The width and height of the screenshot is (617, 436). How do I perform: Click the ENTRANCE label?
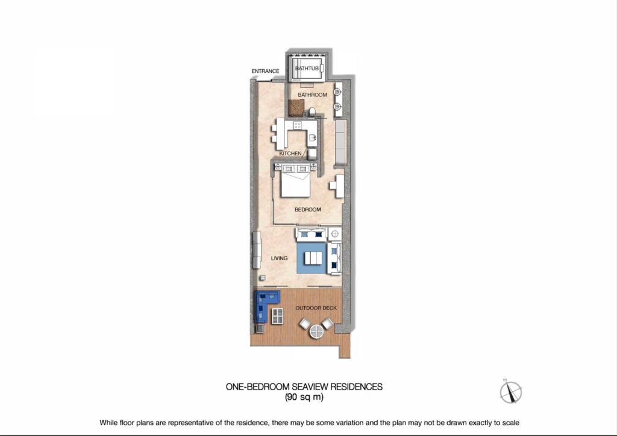[x=265, y=71]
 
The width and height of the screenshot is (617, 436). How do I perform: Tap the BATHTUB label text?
[x=307, y=69]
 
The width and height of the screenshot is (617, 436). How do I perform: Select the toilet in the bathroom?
[x=312, y=112]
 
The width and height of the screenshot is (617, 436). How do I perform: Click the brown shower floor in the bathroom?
[x=296, y=108]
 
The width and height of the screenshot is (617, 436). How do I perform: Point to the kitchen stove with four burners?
[x=298, y=125]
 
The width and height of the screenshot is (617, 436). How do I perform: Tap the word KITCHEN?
[x=290, y=154]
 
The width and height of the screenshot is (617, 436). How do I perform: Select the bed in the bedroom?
[x=295, y=181]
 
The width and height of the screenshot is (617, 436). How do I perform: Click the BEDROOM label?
[x=308, y=210]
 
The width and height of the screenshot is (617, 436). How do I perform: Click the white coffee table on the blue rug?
[x=313, y=258]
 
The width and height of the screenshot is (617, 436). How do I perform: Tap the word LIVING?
[x=279, y=258]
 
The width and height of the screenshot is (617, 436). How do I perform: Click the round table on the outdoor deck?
[x=316, y=331]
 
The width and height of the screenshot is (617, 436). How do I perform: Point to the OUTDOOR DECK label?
[x=316, y=308]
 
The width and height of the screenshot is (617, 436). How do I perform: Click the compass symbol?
[x=510, y=391]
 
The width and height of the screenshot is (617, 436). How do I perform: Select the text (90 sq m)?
[x=304, y=397]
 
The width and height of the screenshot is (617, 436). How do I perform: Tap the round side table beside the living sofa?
[x=335, y=234]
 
